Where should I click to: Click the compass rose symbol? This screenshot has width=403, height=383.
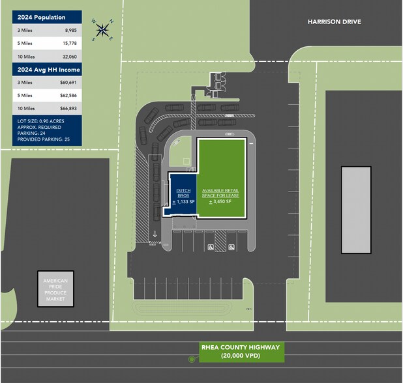pos(102,29)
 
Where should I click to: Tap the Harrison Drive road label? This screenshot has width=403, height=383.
pos(334,22)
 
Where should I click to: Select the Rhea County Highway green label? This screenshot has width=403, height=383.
pos(241,351)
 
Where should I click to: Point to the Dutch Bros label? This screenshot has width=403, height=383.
pos(183,193)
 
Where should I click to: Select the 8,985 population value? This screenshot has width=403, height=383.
pos(71,30)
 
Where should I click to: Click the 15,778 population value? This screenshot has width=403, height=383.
pos(70,44)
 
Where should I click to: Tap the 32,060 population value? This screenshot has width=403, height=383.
pos(70,57)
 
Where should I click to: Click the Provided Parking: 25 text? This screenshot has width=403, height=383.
pos(44,139)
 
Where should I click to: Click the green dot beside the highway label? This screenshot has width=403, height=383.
pos(192,359)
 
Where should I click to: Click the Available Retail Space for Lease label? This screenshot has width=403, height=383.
pos(222,189)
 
